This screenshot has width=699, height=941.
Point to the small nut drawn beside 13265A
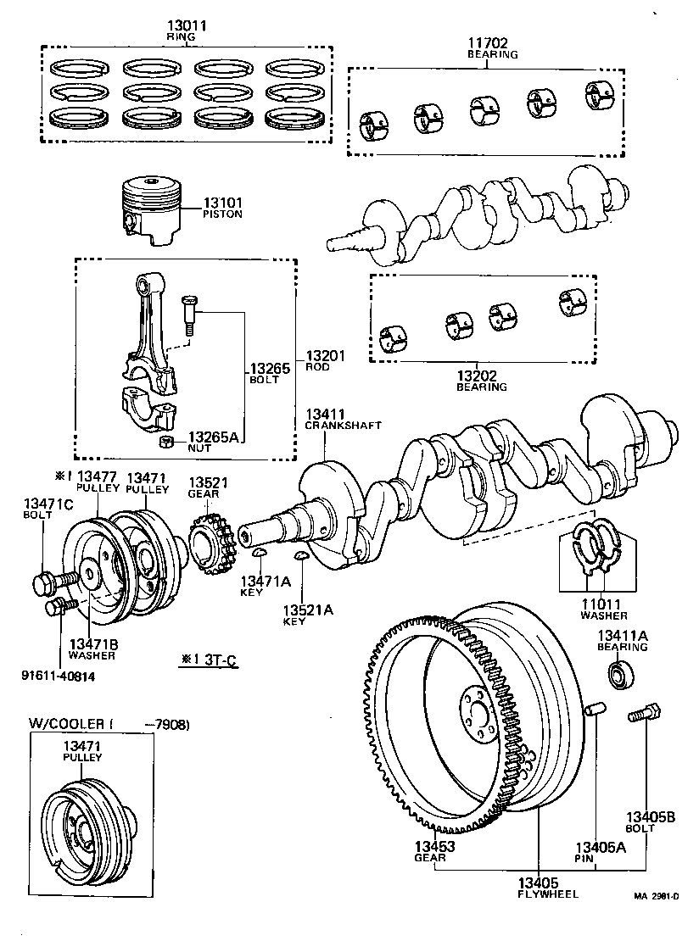(167, 441)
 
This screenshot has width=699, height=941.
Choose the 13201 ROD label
(325, 358)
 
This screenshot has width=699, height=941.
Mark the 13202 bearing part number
(481, 376)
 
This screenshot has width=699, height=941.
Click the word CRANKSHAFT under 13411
(343, 425)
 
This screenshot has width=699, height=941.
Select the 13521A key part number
(304, 610)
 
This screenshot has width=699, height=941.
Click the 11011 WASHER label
(604, 604)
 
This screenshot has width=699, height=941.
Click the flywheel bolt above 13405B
(642, 715)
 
